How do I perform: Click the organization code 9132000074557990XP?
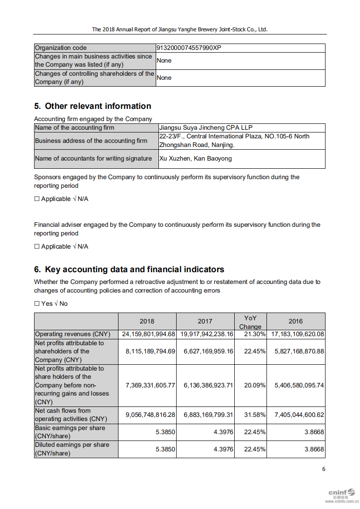point(189,48)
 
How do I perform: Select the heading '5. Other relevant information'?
point(93,106)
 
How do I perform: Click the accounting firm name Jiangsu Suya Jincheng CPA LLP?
point(206,128)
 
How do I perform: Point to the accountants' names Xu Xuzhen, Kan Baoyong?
point(196,159)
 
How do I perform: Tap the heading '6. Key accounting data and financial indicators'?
point(129,269)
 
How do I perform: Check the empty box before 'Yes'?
point(37,303)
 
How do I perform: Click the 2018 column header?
point(147,321)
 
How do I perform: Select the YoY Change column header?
point(250,322)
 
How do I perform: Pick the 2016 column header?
point(296,321)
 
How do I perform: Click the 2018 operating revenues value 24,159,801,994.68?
point(148,334)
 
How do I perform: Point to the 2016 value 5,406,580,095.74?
point(299,385)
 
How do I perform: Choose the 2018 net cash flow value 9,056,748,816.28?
point(150,415)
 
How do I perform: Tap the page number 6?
point(324,469)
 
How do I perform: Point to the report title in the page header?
point(180,29)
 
